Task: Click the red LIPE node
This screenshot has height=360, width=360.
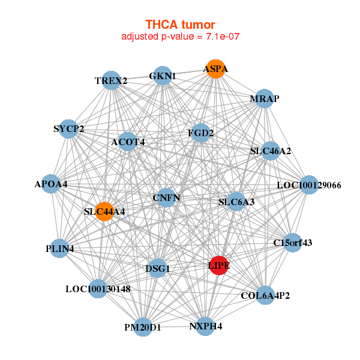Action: click(219, 265)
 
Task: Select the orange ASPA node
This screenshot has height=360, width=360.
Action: click(215, 69)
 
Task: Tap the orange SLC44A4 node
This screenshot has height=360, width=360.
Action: click(104, 211)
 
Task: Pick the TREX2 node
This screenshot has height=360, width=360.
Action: click(111, 80)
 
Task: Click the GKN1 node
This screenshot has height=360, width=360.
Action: click(163, 76)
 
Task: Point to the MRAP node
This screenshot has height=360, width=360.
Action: click(265, 98)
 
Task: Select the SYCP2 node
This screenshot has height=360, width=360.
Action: click(68, 128)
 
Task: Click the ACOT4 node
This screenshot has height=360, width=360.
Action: click(128, 142)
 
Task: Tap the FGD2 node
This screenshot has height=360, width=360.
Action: click(200, 133)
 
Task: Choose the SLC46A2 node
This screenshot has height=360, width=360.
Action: click(271, 151)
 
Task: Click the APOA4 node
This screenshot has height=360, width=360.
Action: click(51, 184)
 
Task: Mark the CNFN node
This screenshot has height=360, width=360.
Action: click(166, 197)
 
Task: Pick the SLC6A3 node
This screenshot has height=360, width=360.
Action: click(236, 202)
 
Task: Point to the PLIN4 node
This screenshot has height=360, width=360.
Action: click(59, 248)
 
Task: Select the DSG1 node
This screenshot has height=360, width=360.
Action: click(158, 269)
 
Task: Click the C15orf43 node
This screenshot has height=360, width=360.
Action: click(292, 243)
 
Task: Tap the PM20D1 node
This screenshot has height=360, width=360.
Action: click(143, 327)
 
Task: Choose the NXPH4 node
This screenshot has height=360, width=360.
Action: click(205, 326)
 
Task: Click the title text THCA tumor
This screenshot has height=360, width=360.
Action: click(180, 25)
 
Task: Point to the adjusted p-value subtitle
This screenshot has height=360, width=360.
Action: click(181, 37)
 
